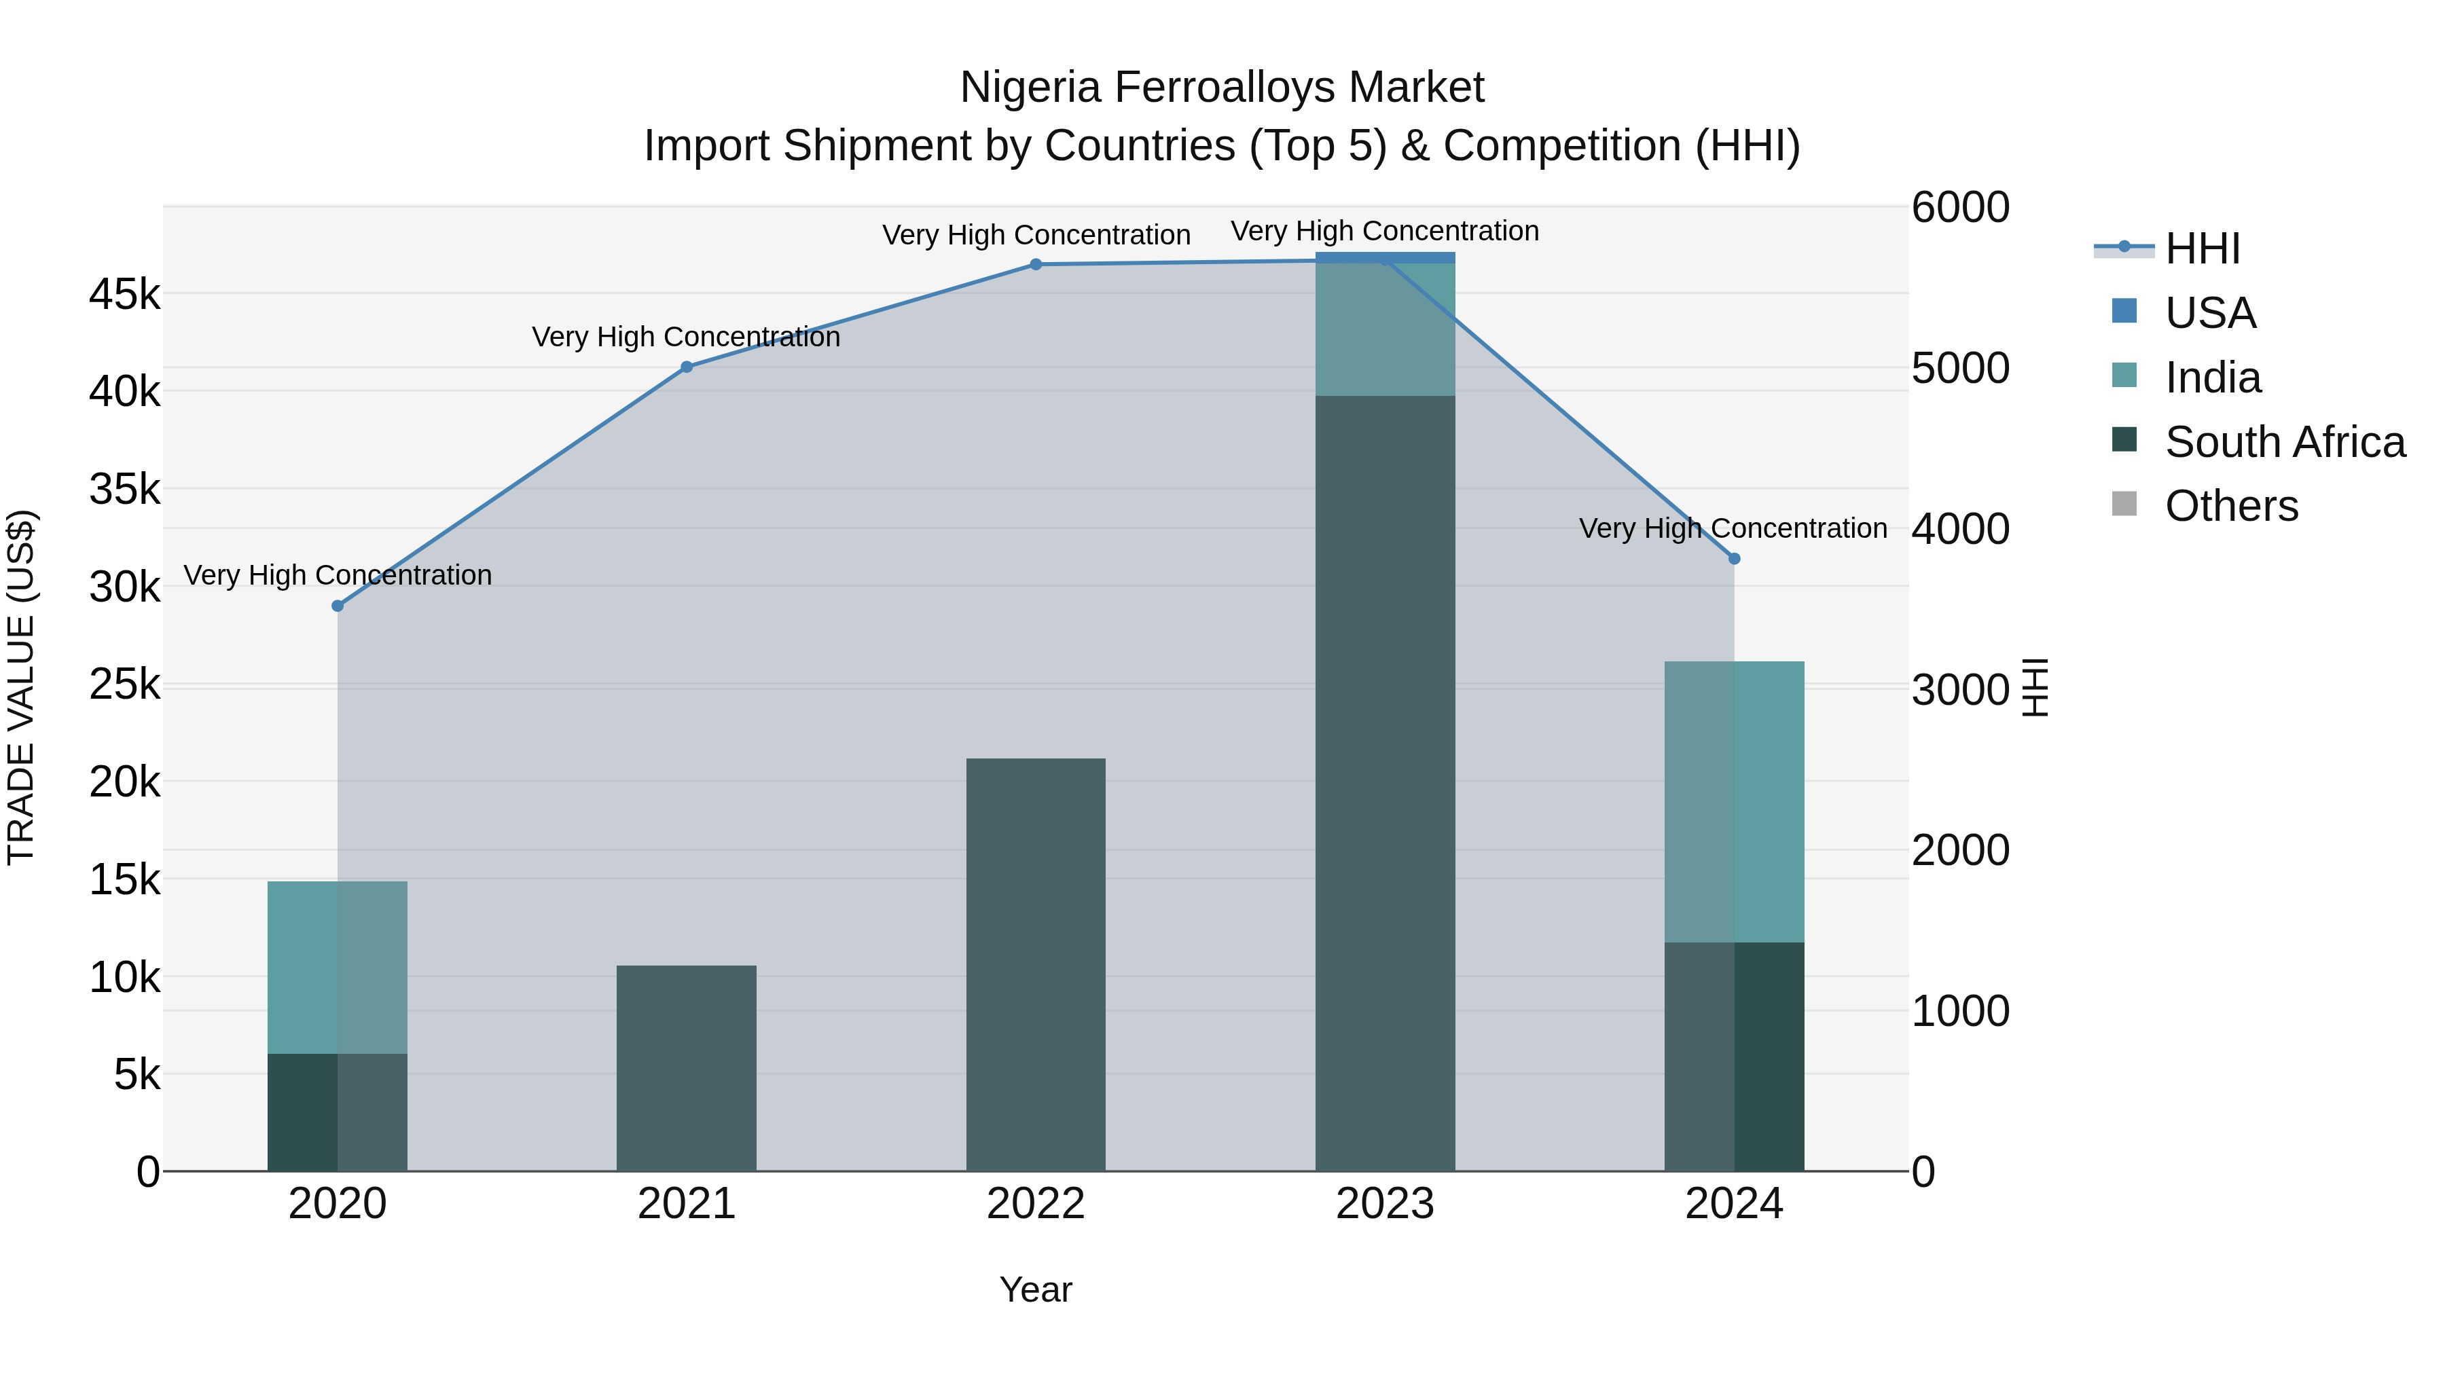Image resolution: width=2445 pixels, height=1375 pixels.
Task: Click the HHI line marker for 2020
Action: click(x=338, y=606)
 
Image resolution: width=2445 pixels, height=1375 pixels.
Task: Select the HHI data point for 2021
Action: click(x=686, y=367)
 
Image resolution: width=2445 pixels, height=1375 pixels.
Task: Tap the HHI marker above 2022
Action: click(x=1036, y=265)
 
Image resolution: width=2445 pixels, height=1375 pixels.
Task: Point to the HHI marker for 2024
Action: click(x=1734, y=559)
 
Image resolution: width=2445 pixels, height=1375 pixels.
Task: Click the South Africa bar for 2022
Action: click(x=1036, y=963)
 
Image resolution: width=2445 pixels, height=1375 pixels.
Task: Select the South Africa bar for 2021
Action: click(x=686, y=1067)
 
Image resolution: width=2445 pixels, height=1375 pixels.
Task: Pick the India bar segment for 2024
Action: click(x=1734, y=802)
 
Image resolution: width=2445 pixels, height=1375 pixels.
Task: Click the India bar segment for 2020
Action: click(x=338, y=967)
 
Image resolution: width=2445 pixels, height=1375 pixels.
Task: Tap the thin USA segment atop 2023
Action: click(x=1385, y=258)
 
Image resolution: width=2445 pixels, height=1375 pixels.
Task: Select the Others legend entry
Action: click(x=2230, y=506)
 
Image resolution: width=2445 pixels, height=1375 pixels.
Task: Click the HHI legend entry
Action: click(x=2201, y=249)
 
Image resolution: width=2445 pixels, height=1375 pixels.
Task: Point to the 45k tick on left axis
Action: click(x=124, y=294)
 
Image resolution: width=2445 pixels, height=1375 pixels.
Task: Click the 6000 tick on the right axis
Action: click(x=1960, y=208)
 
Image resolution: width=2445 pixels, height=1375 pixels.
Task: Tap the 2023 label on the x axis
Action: click(x=1385, y=1204)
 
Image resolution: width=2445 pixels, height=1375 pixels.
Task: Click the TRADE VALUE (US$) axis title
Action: click(x=21, y=687)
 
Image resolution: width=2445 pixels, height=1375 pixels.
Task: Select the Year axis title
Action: click(x=1036, y=1289)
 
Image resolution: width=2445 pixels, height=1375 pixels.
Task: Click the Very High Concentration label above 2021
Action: click(x=686, y=337)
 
